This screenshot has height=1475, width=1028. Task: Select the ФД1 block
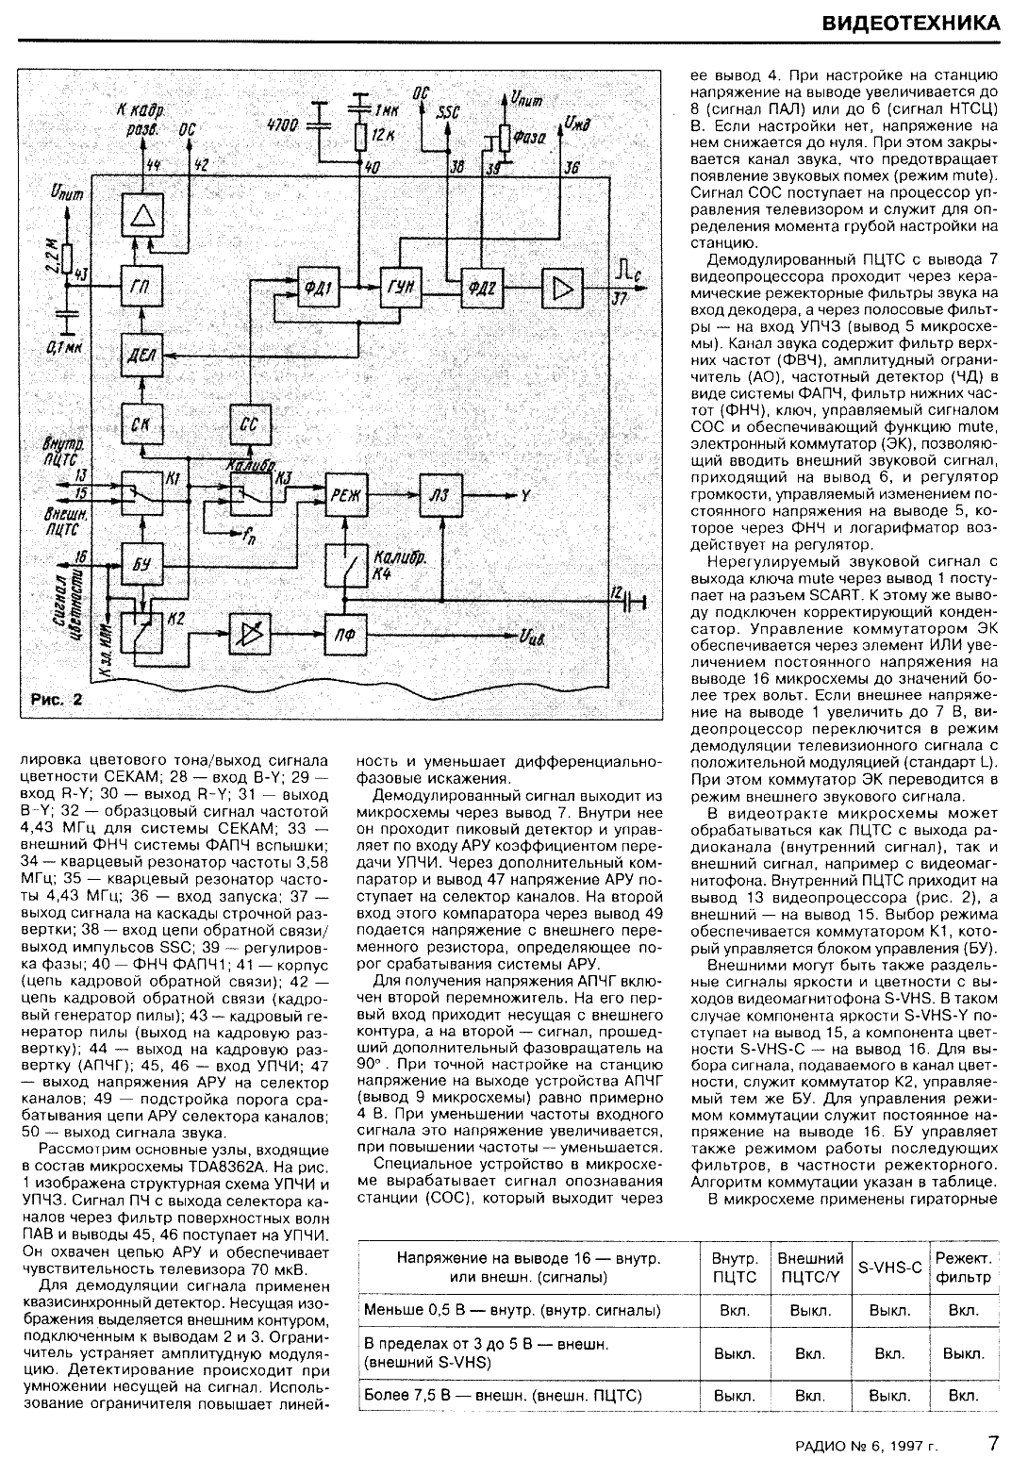tap(318, 289)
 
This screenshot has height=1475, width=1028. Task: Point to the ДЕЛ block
tap(142, 356)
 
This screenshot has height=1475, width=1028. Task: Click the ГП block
tap(142, 289)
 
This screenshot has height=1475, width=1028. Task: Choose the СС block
tap(249, 425)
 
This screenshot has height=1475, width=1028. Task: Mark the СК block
tap(142, 425)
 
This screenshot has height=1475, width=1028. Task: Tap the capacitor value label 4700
tap(283, 124)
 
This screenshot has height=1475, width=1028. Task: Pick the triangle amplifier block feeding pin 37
tap(562, 289)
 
